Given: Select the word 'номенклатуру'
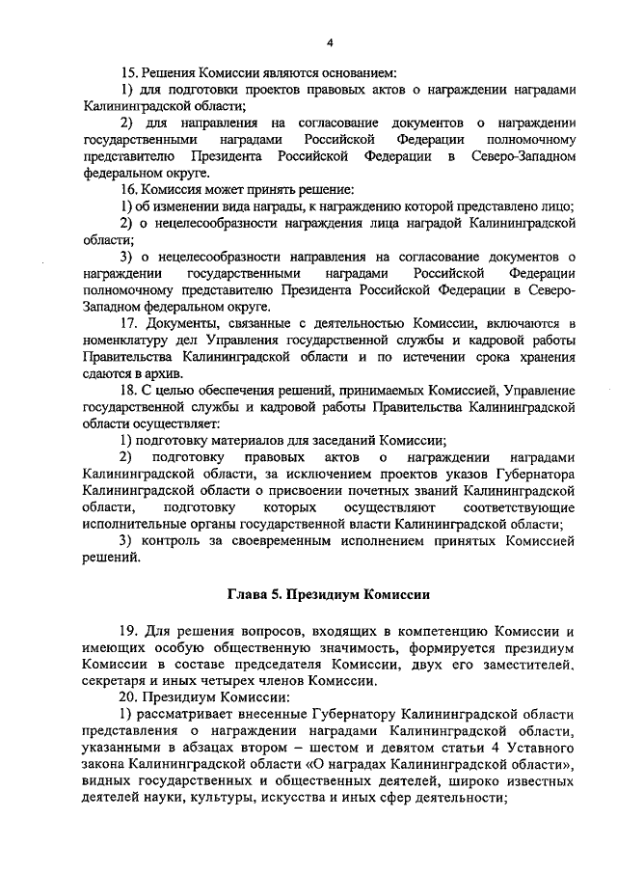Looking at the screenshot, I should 127,340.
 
